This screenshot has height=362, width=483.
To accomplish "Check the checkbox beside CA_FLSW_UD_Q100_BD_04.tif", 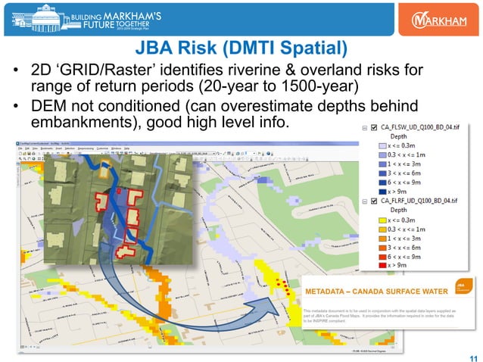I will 375,128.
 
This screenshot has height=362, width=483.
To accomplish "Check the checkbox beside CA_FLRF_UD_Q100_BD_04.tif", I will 375,200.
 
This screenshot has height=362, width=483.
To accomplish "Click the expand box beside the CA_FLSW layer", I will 365,128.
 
